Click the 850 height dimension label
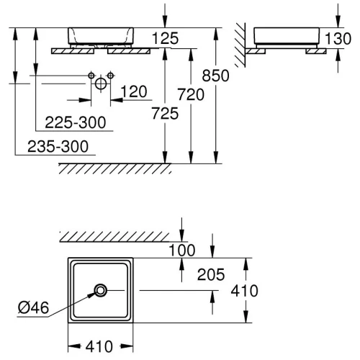215,76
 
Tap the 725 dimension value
165,113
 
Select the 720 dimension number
191,94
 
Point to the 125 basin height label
166,38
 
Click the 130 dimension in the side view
338,38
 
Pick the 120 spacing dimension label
134,91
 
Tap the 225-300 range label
76,122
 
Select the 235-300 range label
58,146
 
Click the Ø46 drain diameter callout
33,307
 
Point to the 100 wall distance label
182,251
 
